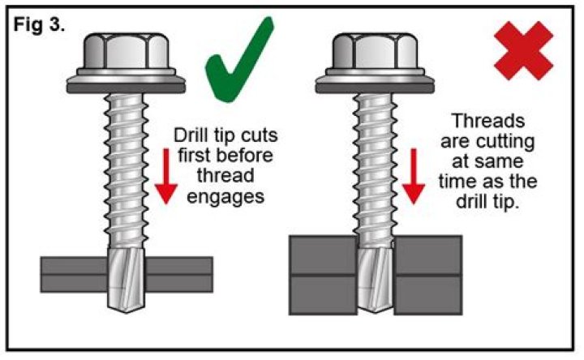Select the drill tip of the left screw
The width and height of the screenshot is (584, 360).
[126, 283]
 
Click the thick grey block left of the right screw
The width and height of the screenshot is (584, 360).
[321, 276]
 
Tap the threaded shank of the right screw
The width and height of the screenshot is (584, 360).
[375, 162]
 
